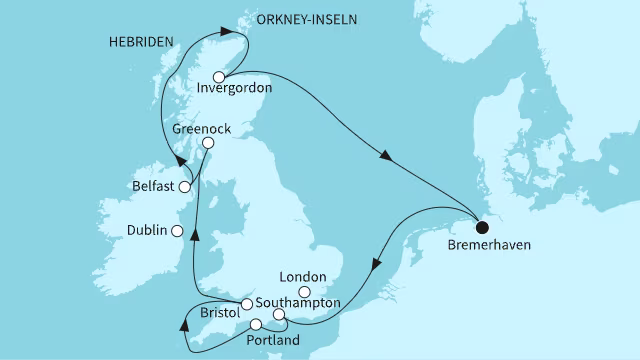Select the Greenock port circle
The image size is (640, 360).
click(x=208, y=144)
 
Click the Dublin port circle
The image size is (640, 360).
click(x=177, y=231)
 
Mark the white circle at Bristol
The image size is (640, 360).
click(x=246, y=304)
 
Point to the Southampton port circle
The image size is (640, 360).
click(x=280, y=316)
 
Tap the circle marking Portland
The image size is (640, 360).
click(x=256, y=324)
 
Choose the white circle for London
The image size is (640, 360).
click(x=318, y=291)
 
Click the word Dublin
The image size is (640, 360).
click(x=147, y=231)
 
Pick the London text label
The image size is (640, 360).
click(x=305, y=277)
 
